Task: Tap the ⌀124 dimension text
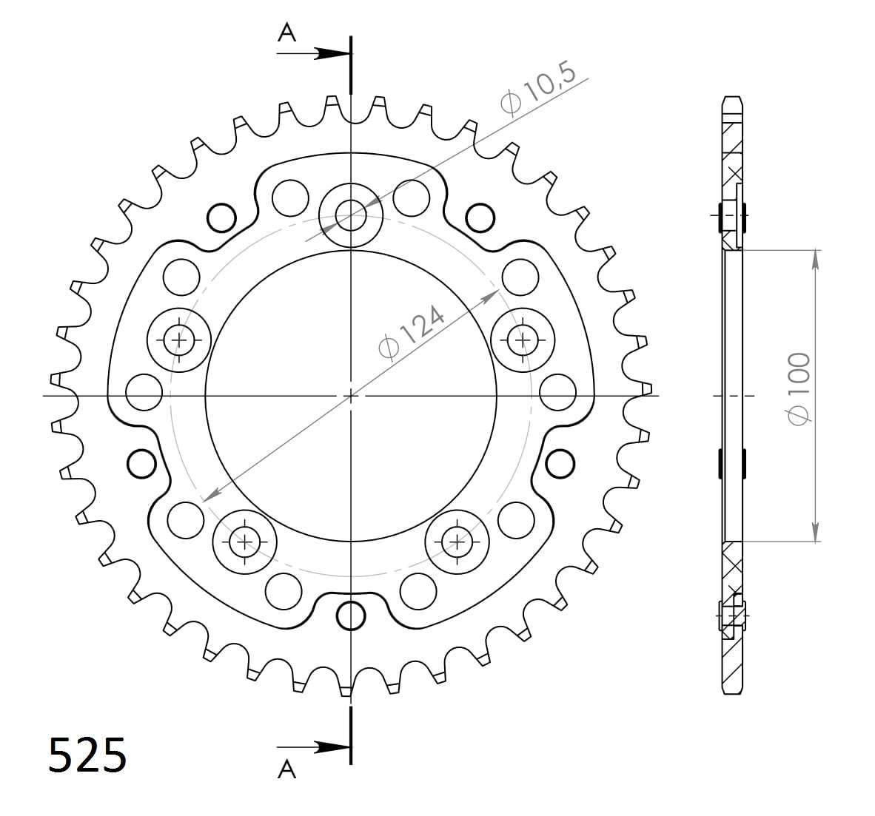pos(412,332)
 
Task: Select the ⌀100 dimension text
pos(797,388)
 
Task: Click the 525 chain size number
pos(87,755)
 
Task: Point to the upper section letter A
pos(286,33)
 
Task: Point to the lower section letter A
pos(286,769)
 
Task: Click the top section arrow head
pos(332,53)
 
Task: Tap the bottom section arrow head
pos(332,747)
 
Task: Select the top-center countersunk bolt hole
pos(350,215)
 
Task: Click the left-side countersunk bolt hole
pos(178,340)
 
